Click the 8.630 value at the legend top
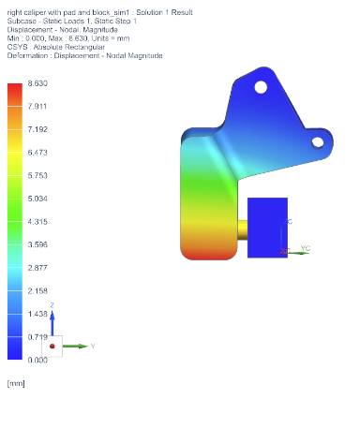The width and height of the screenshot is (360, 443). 37,83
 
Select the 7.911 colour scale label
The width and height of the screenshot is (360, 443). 37,107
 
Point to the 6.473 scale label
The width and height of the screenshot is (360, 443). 37,153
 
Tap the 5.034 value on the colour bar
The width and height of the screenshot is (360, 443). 37,199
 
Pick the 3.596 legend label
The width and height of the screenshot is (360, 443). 37,244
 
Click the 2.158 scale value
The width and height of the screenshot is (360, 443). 37,290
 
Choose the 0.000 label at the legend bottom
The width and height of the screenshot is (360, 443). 37,360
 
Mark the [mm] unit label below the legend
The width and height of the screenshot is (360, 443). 16,383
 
